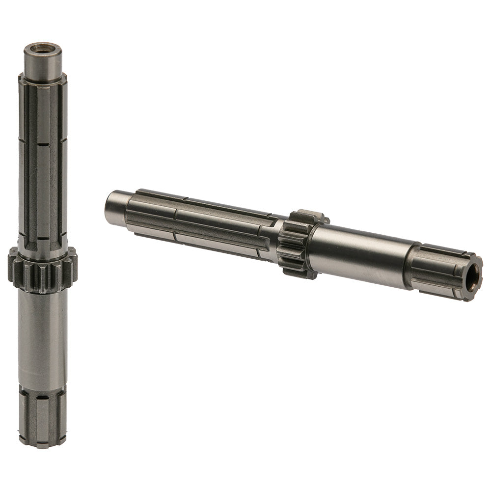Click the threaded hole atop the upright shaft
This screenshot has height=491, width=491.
(42, 49)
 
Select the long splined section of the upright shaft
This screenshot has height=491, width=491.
(43, 162)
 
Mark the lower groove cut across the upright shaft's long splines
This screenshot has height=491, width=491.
(43, 238)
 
